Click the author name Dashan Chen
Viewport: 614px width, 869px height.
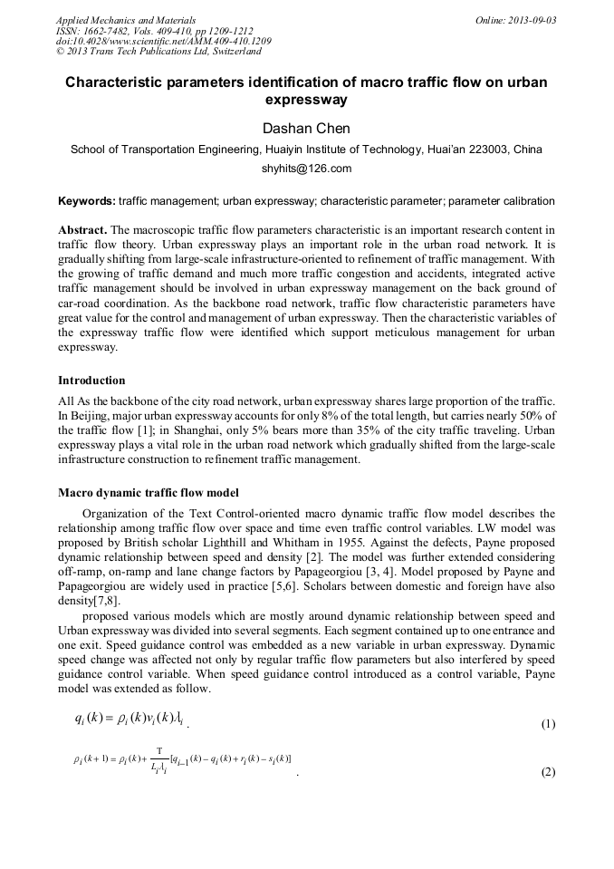pyautogui.click(x=306, y=128)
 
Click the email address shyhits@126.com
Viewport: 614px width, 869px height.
pyautogui.click(x=306, y=169)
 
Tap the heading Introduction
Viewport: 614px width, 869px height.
pyautogui.click(x=91, y=380)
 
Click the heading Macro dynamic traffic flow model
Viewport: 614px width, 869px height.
pyautogui.click(x=148, y=493)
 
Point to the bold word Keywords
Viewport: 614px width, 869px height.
pyautogui.click(x=86, y=200)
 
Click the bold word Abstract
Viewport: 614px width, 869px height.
pyautogui.click(x=82, y=231)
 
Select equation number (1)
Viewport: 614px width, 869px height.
pyautogui.click(x=548, y=724)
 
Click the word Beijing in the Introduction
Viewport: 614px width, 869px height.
pyautogui.click(x=89, y=414)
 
